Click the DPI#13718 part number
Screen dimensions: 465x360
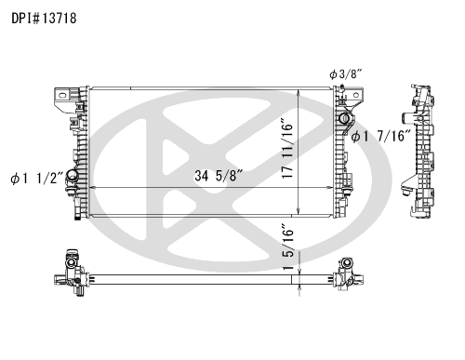[x=44, y=19]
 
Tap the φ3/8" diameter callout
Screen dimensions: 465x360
[x=346, y=74]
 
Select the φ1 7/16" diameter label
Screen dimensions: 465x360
[x=381, y=136]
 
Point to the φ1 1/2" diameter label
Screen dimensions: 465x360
[x=37, y=179]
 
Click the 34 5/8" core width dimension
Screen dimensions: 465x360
[x=219, y=176]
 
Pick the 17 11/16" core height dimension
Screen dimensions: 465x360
[x=287, y=148]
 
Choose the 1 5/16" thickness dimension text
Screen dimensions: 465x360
[x=287, y=250]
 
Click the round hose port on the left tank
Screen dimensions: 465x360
[x=72, y=176]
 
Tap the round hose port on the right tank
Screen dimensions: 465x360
[x=344, y=118]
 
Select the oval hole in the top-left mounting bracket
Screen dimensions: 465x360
[x=62, y=96]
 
